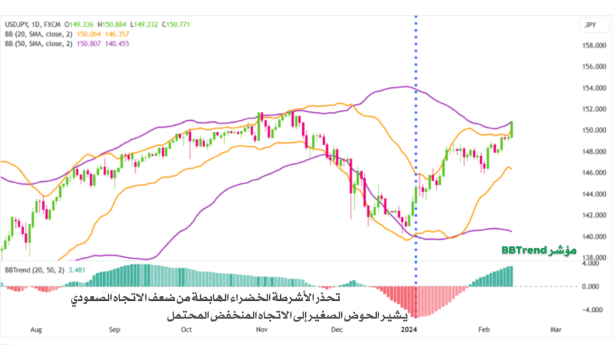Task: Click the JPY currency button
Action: (590, 25)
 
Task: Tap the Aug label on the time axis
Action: (35, 329)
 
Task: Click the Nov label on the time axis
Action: (261, 329)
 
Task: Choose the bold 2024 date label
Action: (408, 329)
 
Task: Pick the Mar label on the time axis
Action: (555, 329)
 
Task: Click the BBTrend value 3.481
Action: (76, 268)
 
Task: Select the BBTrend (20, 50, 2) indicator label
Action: (35, 268)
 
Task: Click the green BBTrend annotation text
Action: (539, 251)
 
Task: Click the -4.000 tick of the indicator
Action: (590, 309)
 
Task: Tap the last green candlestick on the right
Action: (512, 129)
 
